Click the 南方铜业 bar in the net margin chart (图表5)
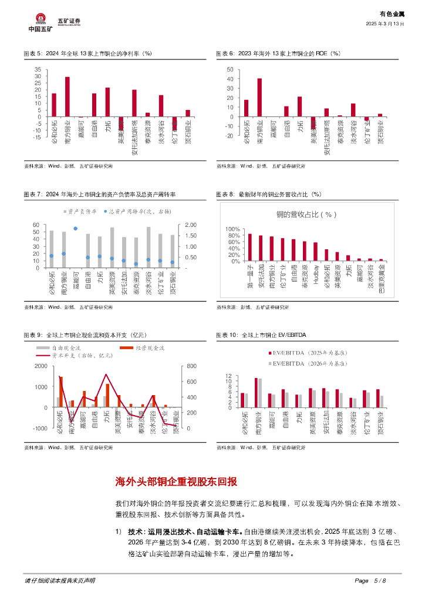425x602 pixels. pyautogui.click(x=67, y=96)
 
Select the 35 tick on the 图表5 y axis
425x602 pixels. pyautogui.click(x=38, y=69)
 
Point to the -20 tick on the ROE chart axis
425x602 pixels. pyautogui.click(x=230, y=136)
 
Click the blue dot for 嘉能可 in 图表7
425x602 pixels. pyautogui.click(x=75, y=228)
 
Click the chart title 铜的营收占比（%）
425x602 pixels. pyautogui.click(x=302, y=215)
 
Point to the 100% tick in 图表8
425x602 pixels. pyautogui.click(x=233, y=229)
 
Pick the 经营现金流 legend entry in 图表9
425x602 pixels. pyautogui.click(x=143, y=348)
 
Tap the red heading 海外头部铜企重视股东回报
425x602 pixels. pyautogui.click(x=176, y=482)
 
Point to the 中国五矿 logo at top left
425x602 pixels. pyautogui.click(x=40, y=22)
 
